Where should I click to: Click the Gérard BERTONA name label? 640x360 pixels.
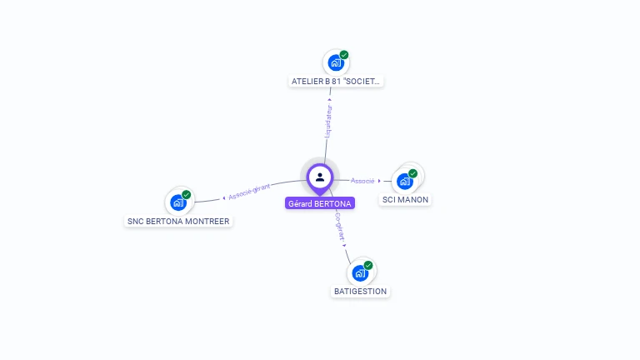[320, 203]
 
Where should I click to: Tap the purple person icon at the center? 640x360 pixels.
[320, 177]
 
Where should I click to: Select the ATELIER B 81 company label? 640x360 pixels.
[336, 82]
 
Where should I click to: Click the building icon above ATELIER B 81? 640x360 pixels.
[335, 62]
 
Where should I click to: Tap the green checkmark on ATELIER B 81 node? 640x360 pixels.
[344, 55]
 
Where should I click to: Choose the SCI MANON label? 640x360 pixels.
[406, 200]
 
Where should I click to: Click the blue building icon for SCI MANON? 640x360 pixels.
[404, 181]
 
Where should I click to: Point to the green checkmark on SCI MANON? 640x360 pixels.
[413, 173]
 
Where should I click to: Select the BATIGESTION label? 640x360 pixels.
[360, 292]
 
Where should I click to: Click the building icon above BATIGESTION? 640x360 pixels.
[359, 272]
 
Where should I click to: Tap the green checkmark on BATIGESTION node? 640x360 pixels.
[368, 265]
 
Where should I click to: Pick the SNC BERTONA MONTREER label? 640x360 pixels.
[178, 222]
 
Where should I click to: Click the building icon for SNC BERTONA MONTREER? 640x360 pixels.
[177, 202]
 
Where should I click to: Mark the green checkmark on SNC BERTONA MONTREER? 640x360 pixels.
[187, 194]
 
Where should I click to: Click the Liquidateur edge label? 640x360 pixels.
[328, 121]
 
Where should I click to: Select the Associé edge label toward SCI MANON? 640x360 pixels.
[362, 181]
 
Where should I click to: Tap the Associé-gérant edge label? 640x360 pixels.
[249, 191]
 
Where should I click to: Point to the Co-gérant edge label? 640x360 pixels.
[339, 227]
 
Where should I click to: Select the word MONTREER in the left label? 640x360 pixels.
[207, 222]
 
